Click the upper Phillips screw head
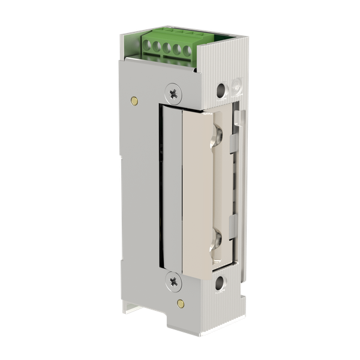pyautogui.click(x=174, y=92)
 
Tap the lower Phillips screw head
pyautogui.click(x=174, y=279)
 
